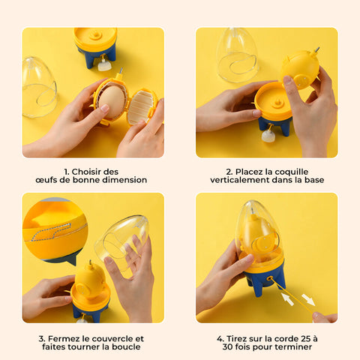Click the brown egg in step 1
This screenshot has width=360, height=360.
[x=112, y=101]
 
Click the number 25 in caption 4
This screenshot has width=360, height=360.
[x=306, y=339]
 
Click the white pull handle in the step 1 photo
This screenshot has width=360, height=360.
[x=104, y=66]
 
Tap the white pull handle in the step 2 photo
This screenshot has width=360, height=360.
[x=267, y=136]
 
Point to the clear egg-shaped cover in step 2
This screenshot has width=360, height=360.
[x=236, y=55]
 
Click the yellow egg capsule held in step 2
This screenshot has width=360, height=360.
[x=301, y=70]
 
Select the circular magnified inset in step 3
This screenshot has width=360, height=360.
[x=55, y=230]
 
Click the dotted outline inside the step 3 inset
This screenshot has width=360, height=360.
[x=51, y=232]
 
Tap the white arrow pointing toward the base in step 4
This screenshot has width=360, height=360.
[x=287, y=299]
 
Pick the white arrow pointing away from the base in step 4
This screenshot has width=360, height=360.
[x=308, y=300]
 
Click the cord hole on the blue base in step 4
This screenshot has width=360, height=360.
[x=270, y=278]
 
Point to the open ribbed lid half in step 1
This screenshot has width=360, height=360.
[x=142, y=106]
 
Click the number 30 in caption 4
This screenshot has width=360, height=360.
[x=228, y=346]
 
